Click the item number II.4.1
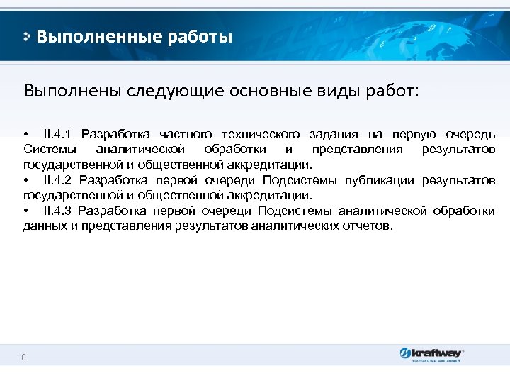[58, 134]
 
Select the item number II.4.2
[58, 180]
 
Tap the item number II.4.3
[58, 211]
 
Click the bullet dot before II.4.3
[26, 211]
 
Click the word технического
[261, 134]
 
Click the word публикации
[380, 180]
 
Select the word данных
[43, 226]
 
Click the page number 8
[24, 357]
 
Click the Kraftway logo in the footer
[431, 353]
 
